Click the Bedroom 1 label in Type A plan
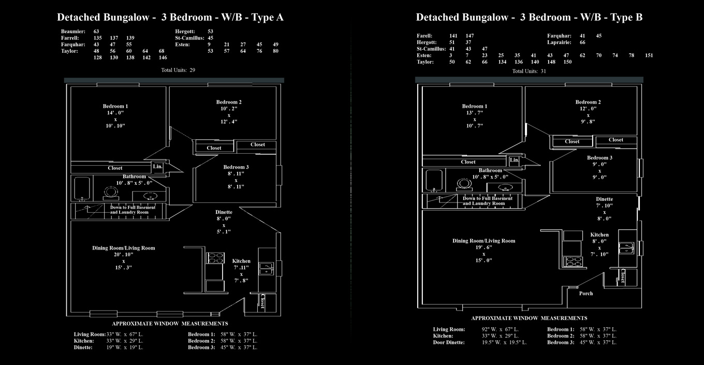[x=115, y=106]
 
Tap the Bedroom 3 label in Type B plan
[x=599, y=157]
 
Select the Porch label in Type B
[x=585, y=294]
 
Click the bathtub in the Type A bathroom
[x=82, y=188]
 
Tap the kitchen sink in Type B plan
[x=626, y=249]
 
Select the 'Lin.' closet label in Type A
[x=157, y=167]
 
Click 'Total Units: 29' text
[x=178, y=70]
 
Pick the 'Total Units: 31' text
[x=529, y=71]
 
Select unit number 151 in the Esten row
[x=649, y=55]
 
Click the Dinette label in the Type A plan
[x=224, y=212]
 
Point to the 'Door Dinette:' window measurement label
[x=449, y=342]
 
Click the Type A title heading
[x=170, y=17]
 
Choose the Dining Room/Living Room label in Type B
[x=483, y=241]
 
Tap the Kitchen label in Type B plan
[x=599, y=235]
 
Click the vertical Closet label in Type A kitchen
[x=262, y=302]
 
